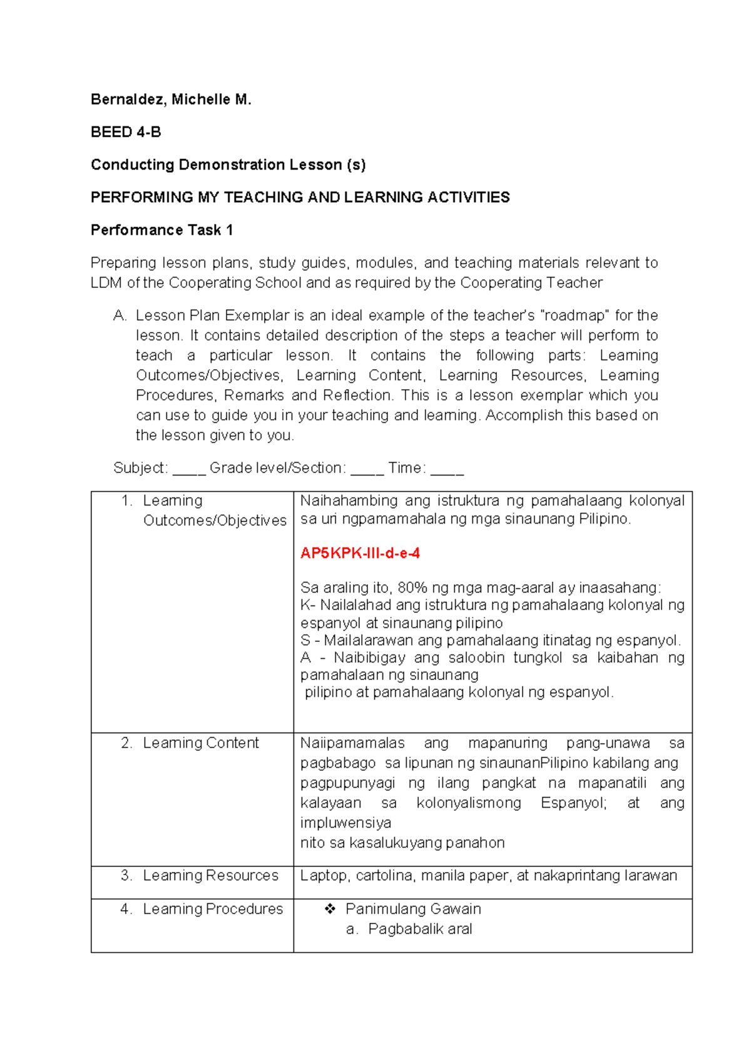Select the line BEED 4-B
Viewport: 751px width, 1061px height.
(126, 132)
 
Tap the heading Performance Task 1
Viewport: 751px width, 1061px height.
(161, 230)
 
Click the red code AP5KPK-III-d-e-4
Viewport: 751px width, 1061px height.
(360, 553)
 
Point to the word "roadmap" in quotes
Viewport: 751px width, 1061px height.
(575, 315)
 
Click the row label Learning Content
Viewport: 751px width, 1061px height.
(200, 743)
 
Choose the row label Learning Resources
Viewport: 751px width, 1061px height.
(210, 875)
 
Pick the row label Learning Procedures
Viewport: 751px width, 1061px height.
(213, 909)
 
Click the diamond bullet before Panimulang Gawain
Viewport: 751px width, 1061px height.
(330, 909)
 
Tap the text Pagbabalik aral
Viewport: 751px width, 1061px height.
(420, 929)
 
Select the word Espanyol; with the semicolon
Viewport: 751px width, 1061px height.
(574, 803)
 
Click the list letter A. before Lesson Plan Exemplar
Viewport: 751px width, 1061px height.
(120, 315)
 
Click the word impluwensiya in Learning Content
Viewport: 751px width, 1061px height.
(345, 823)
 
